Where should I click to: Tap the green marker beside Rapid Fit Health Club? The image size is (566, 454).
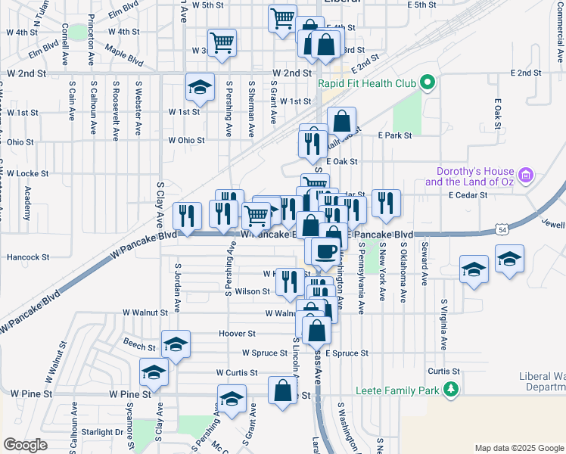pyautogui.click(x=426, y=83)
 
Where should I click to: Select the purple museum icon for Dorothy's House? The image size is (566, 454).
pyautogui.click(x=527, y=177)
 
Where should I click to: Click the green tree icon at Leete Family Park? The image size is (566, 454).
pyautogui.click(x=451, y=390)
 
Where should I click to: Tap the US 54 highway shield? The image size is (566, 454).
pyautogui.click(x=502, y=228)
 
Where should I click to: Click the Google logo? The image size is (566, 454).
pyautogui.click(x=26, y=445)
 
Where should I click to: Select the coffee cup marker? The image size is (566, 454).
pyautogui.click(x=325, y=252)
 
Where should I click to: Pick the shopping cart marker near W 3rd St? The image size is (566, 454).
pyautogui.click(x=222, y=42)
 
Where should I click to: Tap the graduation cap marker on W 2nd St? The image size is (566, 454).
pyautogui.click(x=200, y=88)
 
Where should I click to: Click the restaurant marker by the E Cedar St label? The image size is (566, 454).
pyautogui.click(x=386, y=203)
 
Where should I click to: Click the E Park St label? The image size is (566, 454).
pyautogui.click(x=394, y=135)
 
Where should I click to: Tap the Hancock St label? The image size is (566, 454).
pyautogui.click(x=28, y=257)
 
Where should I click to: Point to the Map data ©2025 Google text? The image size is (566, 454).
pyautogui.click(x=518, y=447)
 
